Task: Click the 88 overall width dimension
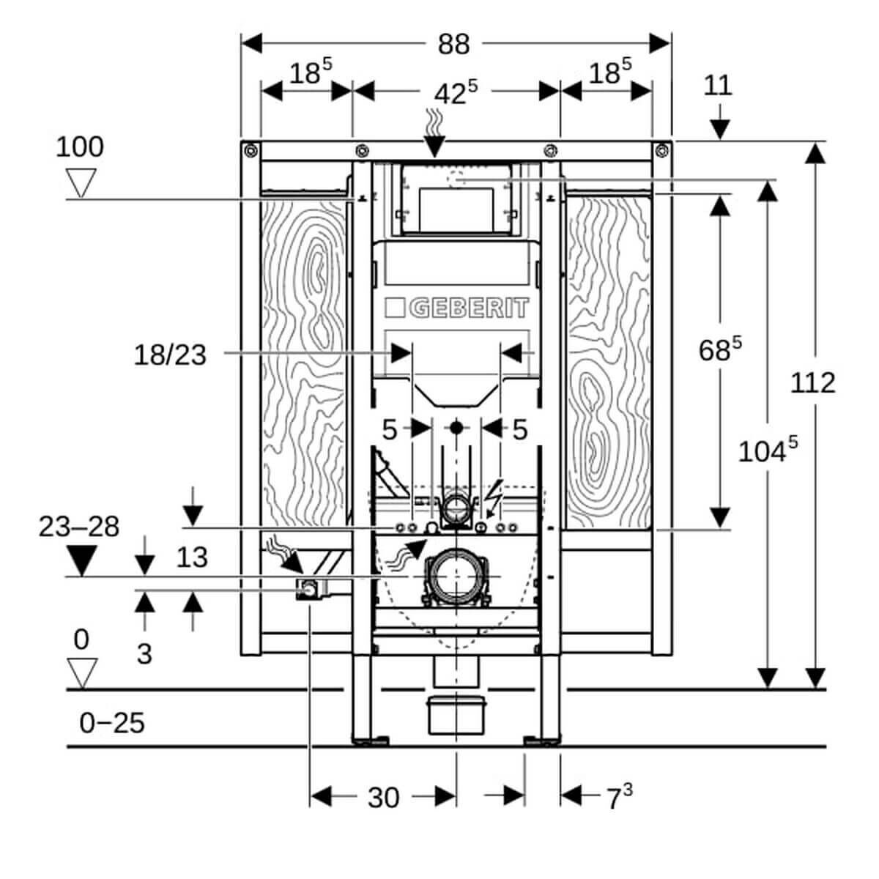pos(453,45)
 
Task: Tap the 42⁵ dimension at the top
pos(456,92)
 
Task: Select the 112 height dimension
pos(812,382)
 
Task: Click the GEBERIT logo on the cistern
pos(456,308)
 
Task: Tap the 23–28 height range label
pos(79,527)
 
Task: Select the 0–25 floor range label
pos(112,723)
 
